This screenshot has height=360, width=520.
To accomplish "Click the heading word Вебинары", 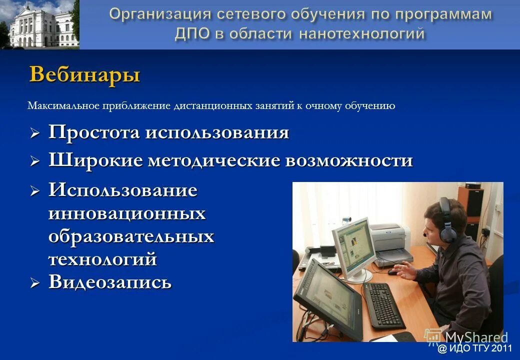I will pyautogui.click(x=84, y=75).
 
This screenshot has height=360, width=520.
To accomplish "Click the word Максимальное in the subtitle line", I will pyautogui.click(x=63, y=106).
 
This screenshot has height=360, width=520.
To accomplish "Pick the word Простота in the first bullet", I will pyautogui.click(x=94, y=133).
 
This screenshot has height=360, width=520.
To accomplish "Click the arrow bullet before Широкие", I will pyautogui.click(x=34, y=161).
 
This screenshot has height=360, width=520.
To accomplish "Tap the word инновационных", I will pyautogui.click(x=127, y=213).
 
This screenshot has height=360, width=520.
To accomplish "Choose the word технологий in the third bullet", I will pyautogui.click(x=102, y=259).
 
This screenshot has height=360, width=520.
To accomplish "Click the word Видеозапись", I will pyautogui.click(x=110, y=282).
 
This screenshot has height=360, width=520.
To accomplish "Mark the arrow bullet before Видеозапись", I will pyautogui.click(x=34, y=283).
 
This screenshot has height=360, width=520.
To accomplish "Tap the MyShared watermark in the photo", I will pyautogui.click(x=467, y=337).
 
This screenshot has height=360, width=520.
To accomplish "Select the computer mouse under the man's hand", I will pyautogui.click(x=393, y=272).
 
